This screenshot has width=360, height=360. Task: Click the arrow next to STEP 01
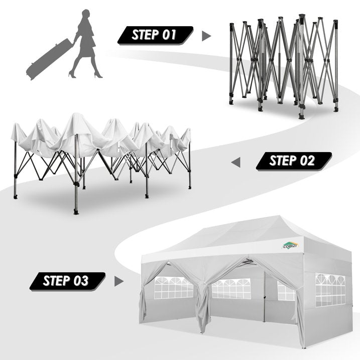pyautogui.click(x=206, y=36)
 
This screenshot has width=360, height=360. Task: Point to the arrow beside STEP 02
pyautogui.click(x=236, y=162)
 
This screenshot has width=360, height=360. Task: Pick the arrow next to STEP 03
pyautogui.click(x=118, y=281)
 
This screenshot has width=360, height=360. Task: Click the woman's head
pyautogui.click(x=86, y=14)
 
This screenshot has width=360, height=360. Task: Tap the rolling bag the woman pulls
pyautogui.click(x=49, y=59)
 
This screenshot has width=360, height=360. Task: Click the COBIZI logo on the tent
pyautogui.click(x=290, y=246)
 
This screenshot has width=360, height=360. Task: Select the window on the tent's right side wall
pyautogui.click(x=330, y=290)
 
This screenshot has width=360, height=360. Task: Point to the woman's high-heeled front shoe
pyautogui.click(x=98, y=75)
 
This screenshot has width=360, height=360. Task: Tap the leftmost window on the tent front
pyautogui.click(x=173, y=288)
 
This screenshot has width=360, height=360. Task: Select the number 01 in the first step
pyautogui.click(x=169, y=35)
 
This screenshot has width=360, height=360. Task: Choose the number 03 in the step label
pyautogui.click(x=81, y=281)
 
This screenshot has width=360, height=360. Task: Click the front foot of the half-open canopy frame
pyautogui.click(x=76, y=211)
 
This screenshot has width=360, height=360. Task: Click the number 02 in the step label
pyautogui.click(x=307, y=161)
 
